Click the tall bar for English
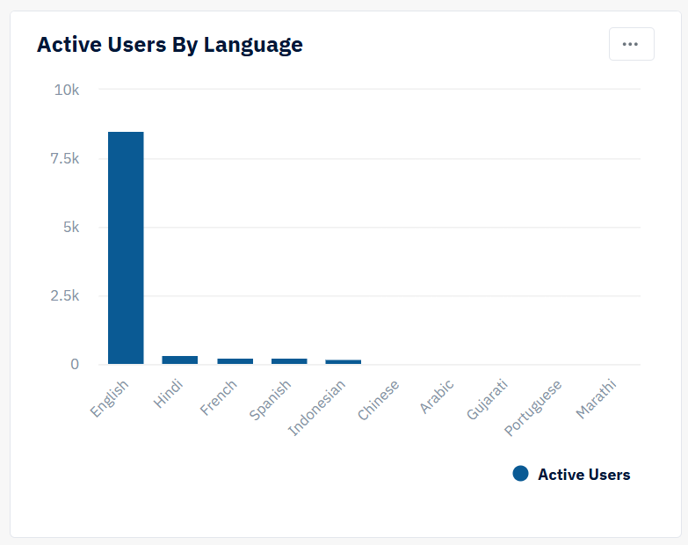pos(126,248)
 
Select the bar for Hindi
pos(179,360)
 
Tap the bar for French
pos(235,360)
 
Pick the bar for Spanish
pos(289,360)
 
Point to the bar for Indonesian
pos(343,361)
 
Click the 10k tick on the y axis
pos(66,90)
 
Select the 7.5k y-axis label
pos(64,158)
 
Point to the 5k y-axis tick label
pos(69,227)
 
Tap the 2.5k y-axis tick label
pos(64,295)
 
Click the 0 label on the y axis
pos(75,364)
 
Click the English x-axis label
pos(111,398)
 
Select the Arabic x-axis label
pos(437,396)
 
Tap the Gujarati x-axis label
pos(487,400)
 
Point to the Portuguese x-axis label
pos(534,408)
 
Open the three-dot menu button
pos(631,44)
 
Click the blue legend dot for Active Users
pos(520,474)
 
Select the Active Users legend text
pos(583,475)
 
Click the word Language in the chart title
pos(253,45)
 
